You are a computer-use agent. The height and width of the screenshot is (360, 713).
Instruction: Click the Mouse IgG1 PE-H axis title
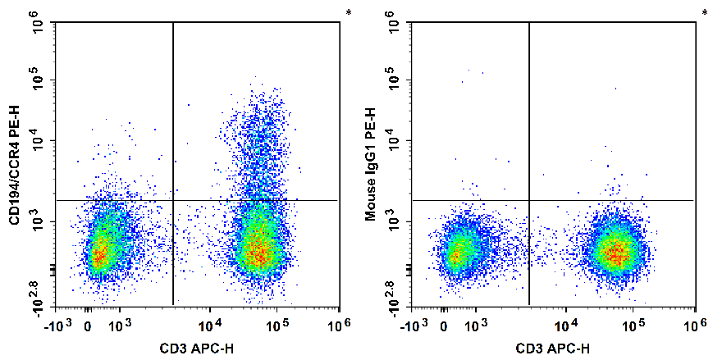coord(370,165)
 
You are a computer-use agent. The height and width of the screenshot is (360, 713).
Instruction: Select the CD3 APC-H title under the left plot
coord(196,349)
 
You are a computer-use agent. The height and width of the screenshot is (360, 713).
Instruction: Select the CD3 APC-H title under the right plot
coord(552,349)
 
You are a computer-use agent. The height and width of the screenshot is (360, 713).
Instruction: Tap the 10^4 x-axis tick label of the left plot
coord(209,325)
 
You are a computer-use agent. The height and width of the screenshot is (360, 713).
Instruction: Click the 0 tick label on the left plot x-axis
coord(89,326)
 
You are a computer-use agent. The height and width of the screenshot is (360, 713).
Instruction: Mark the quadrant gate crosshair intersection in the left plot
coord(173,200)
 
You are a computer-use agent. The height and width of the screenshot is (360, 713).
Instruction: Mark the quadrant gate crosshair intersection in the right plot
coord(529,200)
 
